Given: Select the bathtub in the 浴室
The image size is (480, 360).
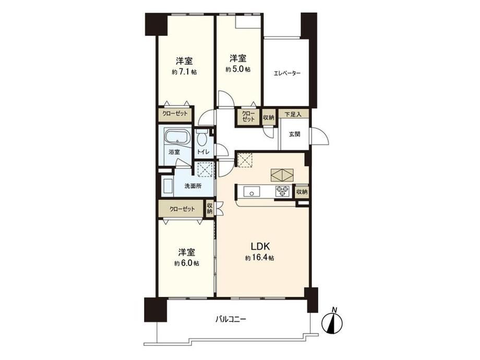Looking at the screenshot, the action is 177,136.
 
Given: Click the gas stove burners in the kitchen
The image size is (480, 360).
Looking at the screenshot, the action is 283,191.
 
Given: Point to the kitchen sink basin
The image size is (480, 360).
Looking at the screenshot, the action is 251,192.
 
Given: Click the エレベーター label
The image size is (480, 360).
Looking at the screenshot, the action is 287,73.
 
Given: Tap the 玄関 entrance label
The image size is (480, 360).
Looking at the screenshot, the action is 294,134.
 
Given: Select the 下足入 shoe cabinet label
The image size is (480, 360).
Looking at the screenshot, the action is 293,115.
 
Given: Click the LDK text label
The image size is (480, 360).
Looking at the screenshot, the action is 260,246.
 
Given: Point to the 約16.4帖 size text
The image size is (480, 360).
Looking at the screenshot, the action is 260,258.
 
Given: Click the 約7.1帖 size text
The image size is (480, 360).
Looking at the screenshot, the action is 184,72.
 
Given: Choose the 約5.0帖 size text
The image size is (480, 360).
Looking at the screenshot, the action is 238,69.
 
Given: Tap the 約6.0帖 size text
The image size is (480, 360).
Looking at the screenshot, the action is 187,263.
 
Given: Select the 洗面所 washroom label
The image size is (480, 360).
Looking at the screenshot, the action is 193,186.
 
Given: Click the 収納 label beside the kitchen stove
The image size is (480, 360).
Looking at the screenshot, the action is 302,192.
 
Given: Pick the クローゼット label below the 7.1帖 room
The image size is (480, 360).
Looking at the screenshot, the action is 175,114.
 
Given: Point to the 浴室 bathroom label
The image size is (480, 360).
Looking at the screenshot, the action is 174,152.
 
